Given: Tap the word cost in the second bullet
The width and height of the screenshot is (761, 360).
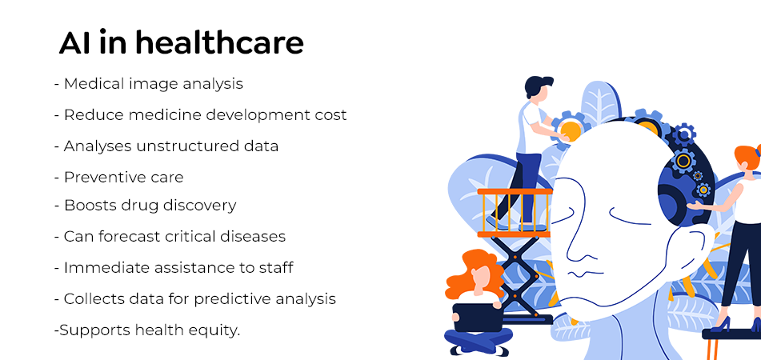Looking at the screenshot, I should point(330,114).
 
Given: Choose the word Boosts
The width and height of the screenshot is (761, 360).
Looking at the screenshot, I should point(88,205).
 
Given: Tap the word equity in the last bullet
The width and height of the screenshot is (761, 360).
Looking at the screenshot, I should point(215,330).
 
